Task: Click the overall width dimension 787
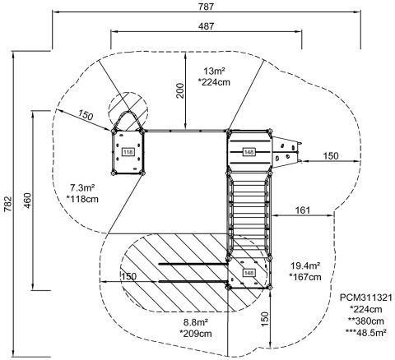point(206,7)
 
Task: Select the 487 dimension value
point(206,26)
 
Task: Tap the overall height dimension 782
point(7,204)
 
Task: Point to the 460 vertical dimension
point(28,201)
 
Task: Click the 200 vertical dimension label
point(180,90)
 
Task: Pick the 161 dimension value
point(303,210)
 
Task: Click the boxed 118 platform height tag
point(128,152)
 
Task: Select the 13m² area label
point(214,72)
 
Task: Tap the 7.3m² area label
point(82,188)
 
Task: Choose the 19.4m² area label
point(305,265)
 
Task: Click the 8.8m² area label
point(196,322)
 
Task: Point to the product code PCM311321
point(366,298)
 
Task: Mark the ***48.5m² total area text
point(366,332)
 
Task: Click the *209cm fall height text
point(196,334)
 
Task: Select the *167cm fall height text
point(305,277)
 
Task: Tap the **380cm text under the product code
point(366,321)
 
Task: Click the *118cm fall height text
point(82,199)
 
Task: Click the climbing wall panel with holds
point(286,152)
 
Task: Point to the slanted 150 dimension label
point(86,115)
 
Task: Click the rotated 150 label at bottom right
point(264,319)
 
